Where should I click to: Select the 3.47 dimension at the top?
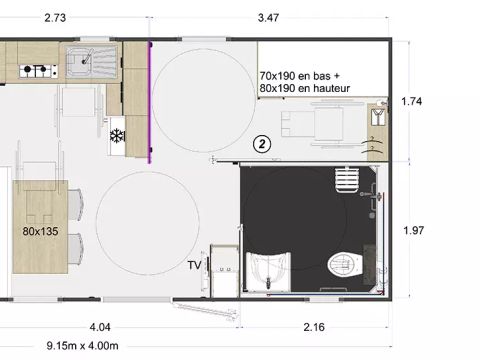[x=269, y=18]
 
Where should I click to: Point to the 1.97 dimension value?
[x=412, y=231]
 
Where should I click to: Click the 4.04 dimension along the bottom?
[x=100, y=327]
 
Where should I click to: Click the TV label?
[x=195, y=265]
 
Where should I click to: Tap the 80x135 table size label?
[x=39, y=230]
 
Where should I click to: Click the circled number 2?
[x=262, y=143]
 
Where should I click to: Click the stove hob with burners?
[x=38, y=70]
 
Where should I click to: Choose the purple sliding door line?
[x=149, y=100]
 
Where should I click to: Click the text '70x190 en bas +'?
[x=300, y=76]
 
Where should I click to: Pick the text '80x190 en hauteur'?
[x=304, y=89]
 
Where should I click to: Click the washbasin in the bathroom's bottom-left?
[x=267, y=268]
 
